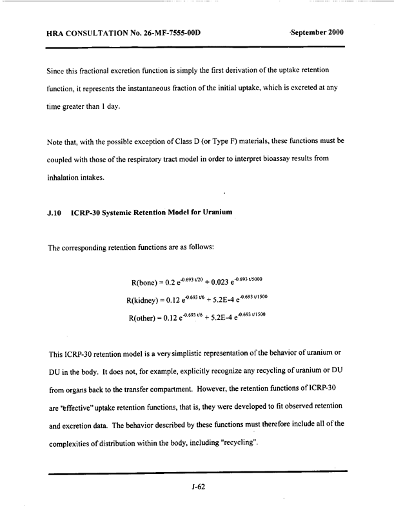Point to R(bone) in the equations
(x=146, y=283)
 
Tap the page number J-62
(x=197, y=487)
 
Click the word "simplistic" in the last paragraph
(x=213, y=355)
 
